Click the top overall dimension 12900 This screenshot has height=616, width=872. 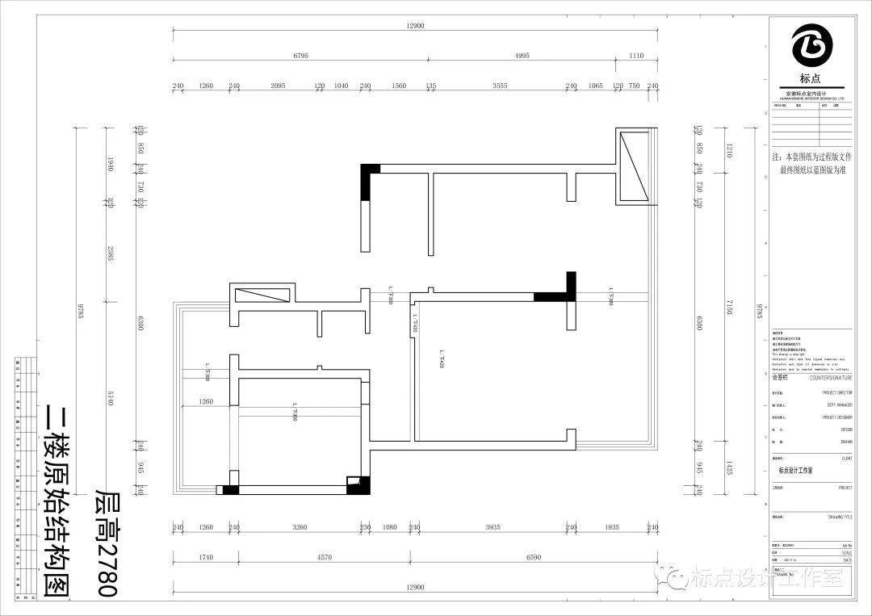pyautogui.click(x=415, y=26)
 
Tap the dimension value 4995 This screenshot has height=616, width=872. pyautogui.click(x=522, y=56)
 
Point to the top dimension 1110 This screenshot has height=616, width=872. pyautogui.click(x=636, y=56)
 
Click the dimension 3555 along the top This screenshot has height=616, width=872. pyautogui.click(x=500, y=86)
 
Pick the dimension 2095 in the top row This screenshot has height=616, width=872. pyautogui.click(x=278, y=86)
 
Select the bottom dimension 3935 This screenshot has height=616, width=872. pyautogui.click(x=492, y=527)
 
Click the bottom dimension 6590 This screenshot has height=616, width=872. pyautogui.click(x=534, y=557)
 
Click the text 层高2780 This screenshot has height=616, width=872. pyautogui.click(x=107, y=542)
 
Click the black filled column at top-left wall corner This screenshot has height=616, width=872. pyautogui.click(x=369, y=182)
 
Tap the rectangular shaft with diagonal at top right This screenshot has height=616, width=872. pyautogui.click(x=634, y=166)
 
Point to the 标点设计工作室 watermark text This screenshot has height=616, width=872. pyautogui.click(x=755, y=577)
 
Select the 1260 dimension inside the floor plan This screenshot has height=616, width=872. pyautogui.click(x=205, y=401)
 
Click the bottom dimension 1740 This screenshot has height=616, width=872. pyautogui.click(x=204, y=557)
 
